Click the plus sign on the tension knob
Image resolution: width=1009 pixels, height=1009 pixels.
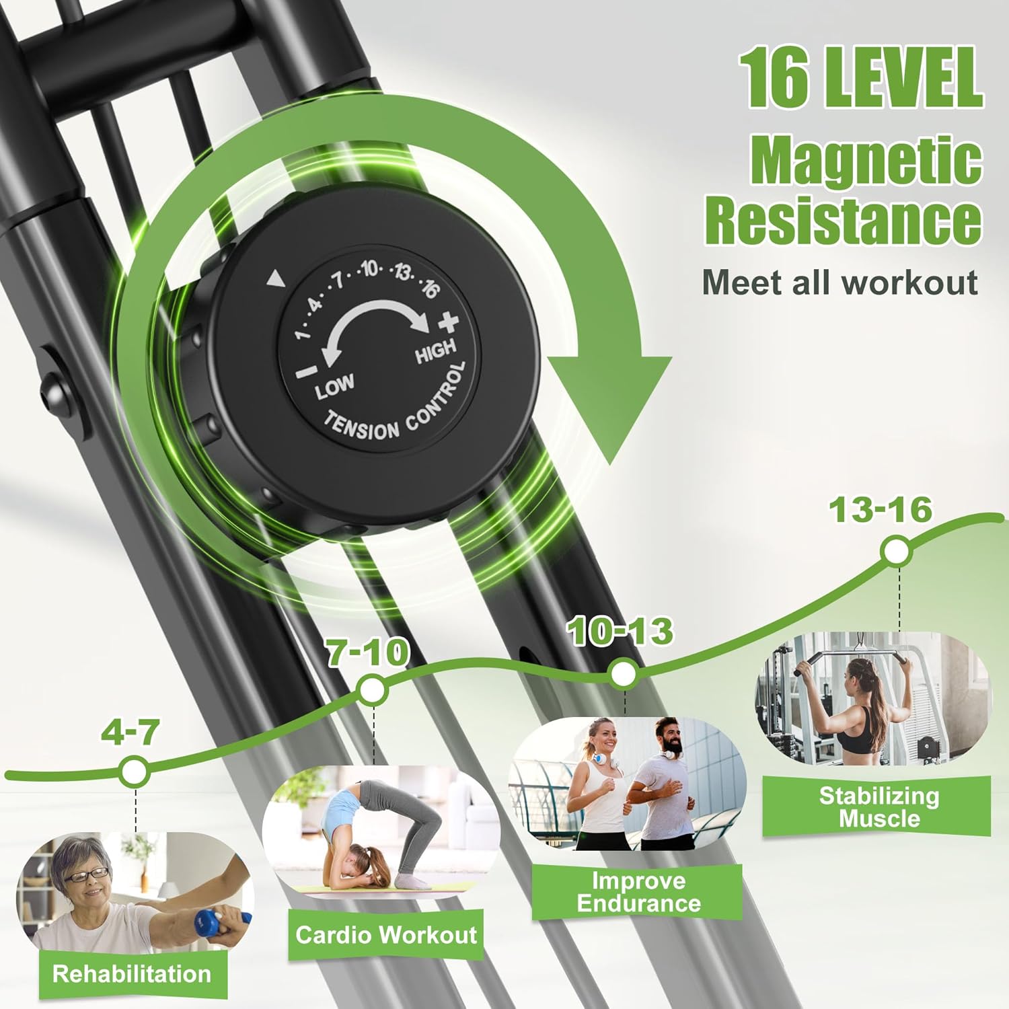pos(448,323)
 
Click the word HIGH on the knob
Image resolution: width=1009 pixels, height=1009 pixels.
pos(435,351)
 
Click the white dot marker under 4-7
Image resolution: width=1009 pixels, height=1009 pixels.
pos(135,771)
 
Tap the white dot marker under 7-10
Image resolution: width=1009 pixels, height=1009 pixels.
pos(371,689)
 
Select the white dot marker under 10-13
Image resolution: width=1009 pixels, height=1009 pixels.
pos(623,673)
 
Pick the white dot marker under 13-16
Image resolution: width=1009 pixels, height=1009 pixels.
pos(896,552)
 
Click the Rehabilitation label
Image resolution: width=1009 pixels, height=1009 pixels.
pos(132,973)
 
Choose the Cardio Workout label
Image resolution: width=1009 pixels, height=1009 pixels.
pos(386,934)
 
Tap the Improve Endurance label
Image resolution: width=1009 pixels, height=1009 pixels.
pos(638,892)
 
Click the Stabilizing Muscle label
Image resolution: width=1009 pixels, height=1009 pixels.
pos(879,807)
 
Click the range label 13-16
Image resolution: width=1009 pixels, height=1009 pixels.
pos(881,510)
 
